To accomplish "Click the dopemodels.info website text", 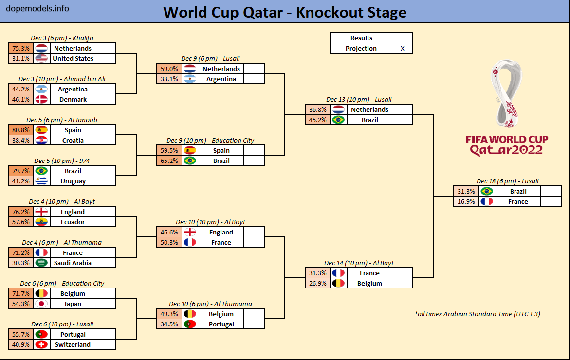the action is coord(37,9).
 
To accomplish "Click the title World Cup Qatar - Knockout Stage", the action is coord(285,12).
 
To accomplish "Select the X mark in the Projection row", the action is coord(402,49).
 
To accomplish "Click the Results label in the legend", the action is coord(361,38).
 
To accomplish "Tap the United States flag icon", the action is coord(41,59).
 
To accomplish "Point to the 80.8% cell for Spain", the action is coord(21,130).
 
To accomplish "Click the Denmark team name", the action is coord(73,100).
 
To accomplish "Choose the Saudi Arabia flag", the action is coord(41,263).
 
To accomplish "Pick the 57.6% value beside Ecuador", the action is coord(21,222).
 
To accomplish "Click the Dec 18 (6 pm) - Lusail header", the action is coord(508,181).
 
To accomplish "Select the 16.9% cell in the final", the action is coord(465,202).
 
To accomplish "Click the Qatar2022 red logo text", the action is coord(506,150).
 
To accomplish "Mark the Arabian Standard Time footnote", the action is coord(477,314).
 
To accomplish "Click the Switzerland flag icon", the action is coord(41,345).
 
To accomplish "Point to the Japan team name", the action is coord(73,304).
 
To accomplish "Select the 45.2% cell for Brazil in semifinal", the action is coord(317,120).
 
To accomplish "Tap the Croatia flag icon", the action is coord(41,141).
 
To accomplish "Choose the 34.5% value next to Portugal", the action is coord(168,324).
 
